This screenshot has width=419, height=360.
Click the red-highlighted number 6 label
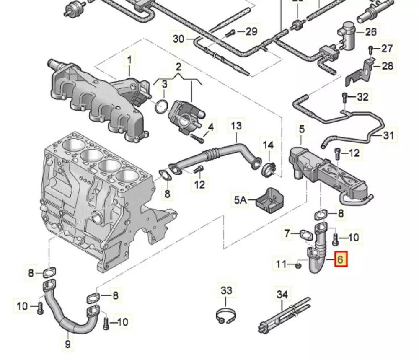pos(340,260)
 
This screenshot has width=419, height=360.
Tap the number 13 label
pos(236,125)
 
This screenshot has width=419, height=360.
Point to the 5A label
pos(241,200)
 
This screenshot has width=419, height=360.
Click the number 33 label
pos(226,290)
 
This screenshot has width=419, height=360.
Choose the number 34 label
pos(282,295)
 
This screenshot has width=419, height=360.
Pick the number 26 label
pos(371,31)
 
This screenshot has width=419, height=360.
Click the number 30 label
pos(178,39)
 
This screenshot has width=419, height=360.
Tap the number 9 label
pos(68,344)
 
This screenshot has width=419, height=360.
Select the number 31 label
pos(388,135)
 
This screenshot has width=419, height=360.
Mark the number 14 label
pos(268,145)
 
